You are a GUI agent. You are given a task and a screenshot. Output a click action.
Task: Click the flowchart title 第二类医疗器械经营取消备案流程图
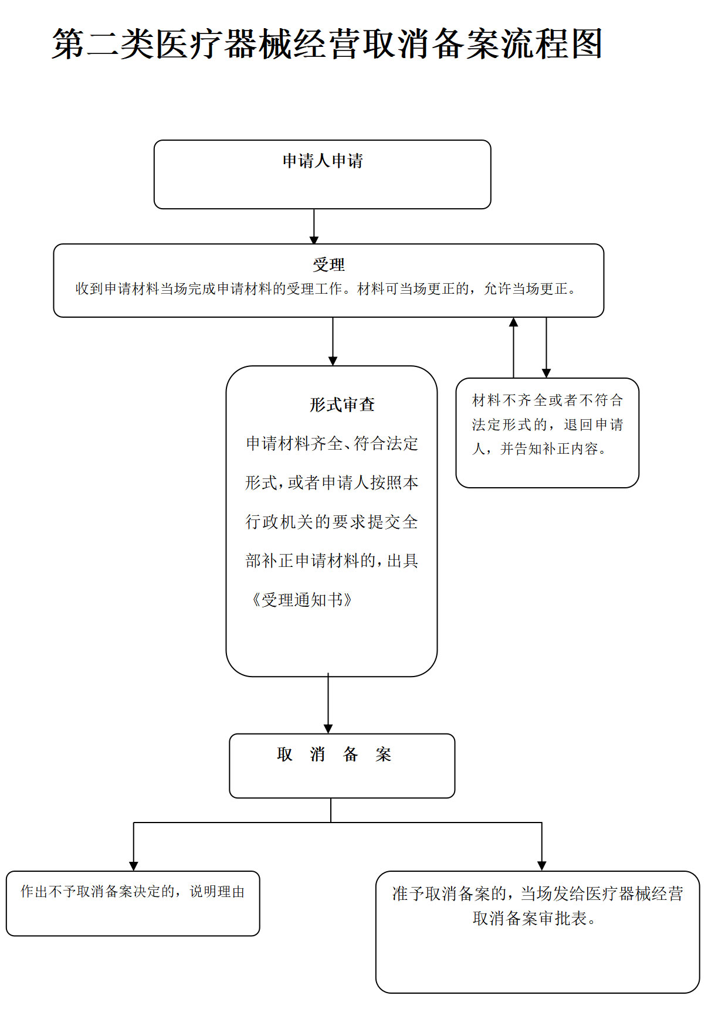pos(327,44)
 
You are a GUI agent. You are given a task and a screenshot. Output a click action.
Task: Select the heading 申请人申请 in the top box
pos(323,161)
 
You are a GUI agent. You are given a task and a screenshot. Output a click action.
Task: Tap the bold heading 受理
pos(328,264)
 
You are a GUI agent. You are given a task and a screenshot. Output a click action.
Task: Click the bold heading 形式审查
pos(342,405)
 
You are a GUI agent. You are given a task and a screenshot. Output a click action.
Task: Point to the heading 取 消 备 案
pos(334,754)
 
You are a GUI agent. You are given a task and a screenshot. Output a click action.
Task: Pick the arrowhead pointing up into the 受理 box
pos(513,322)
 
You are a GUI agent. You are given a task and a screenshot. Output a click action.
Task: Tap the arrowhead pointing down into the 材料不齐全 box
pos(546,373)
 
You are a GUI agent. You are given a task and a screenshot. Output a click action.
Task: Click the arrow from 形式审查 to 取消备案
pos(328,704)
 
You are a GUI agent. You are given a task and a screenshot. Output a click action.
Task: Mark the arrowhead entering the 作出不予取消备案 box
pos(134,866)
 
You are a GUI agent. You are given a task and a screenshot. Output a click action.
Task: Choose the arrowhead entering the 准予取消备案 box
pos(541,866)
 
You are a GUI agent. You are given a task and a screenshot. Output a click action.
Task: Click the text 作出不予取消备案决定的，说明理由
pos(133,892)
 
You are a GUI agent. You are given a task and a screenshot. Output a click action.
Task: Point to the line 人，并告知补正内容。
pos(539,449)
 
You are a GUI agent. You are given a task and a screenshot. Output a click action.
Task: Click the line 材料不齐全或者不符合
pos(547,400)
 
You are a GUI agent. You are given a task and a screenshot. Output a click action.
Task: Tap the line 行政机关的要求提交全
pos(331,522)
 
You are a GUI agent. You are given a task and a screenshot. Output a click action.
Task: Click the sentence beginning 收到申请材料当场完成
pos(326,289)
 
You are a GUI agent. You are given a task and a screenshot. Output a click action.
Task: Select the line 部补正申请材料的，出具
pos(331,561)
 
